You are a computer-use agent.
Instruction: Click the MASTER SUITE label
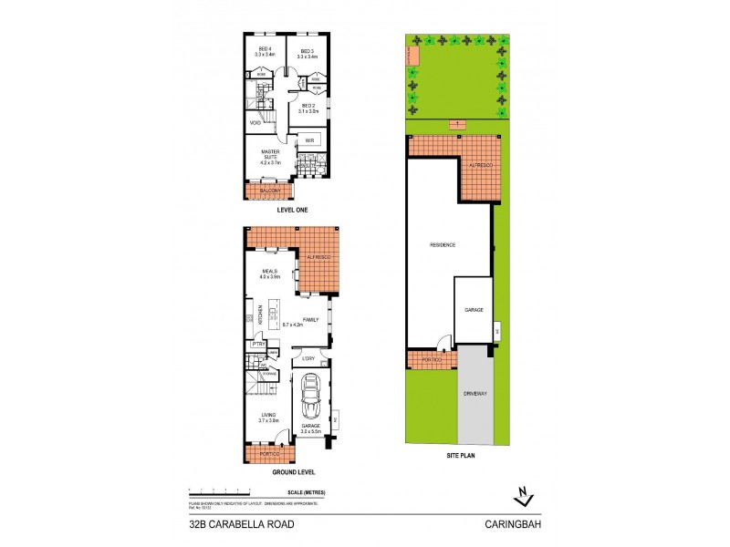coord(269,156)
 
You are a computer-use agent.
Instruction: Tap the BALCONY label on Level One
coord(268,191)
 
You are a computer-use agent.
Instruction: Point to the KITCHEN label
coord(261,317)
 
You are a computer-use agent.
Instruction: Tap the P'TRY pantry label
coord(258,345)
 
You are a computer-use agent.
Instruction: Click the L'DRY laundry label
coord(308,358)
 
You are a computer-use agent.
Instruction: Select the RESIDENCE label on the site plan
coord(443,245)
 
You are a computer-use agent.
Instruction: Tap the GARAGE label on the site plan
coord(473,310)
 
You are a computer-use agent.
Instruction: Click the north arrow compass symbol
coord(521,495)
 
